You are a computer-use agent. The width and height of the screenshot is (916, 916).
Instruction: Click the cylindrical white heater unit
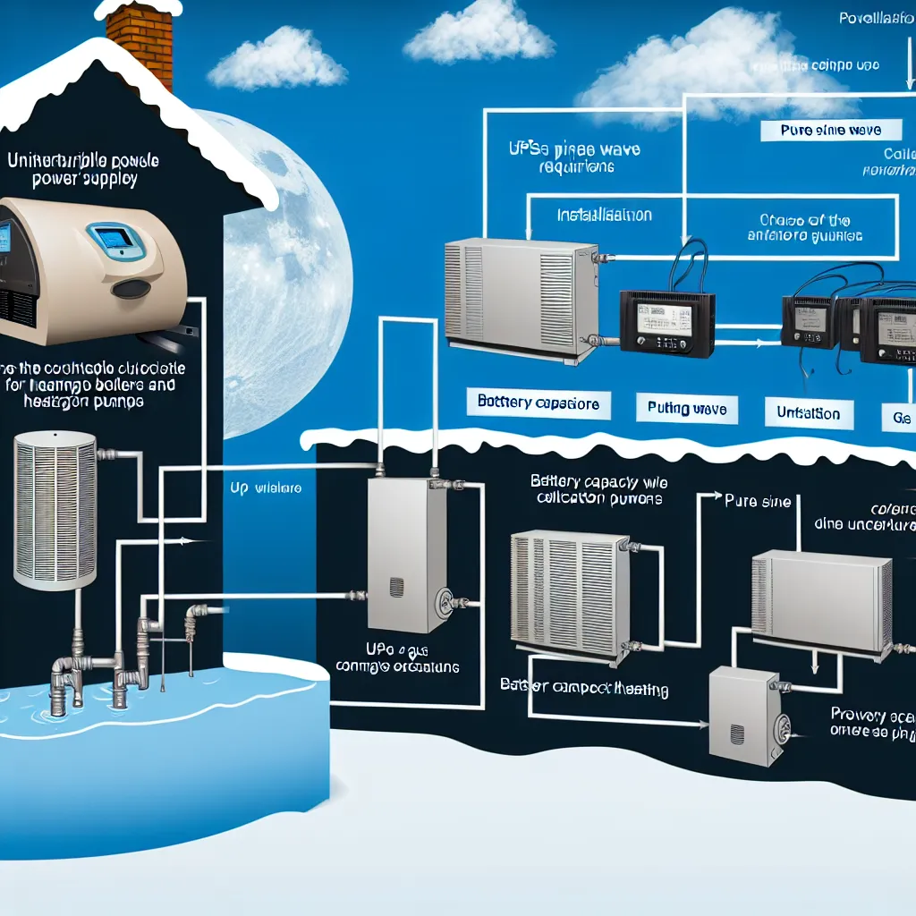tap(55, 510)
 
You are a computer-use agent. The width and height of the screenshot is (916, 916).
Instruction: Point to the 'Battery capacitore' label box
tap(539, 404)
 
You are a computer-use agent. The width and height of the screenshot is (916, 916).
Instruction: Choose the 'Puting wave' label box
tap(687, 410)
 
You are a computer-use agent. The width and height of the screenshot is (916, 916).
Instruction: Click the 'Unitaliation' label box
tap(809, 413)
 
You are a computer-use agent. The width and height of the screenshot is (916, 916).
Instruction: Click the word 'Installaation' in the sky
tap(605, 216)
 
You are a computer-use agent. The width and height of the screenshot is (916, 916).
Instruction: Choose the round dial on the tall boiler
tap(441, 602)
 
